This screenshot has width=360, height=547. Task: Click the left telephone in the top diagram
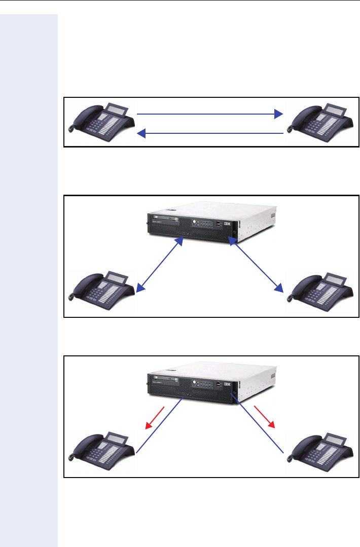(x=101, y=122)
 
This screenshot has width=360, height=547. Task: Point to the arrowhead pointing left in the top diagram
(x=142, y=133)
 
